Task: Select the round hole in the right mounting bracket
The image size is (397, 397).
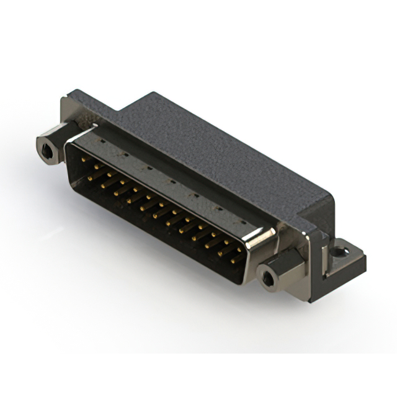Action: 339,252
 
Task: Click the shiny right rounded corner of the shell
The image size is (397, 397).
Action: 264,242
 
